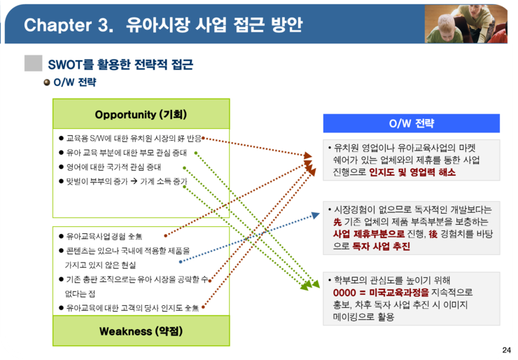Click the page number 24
pos(506,350)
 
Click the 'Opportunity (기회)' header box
pos(141,113)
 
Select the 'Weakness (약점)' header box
pos(141,331)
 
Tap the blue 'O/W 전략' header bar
pos(412,123)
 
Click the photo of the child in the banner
pos(465,24)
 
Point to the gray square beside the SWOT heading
pos(34,63)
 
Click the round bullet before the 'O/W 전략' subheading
pos(47,83)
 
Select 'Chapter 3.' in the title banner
pos(69,25)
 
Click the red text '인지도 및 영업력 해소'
pos(412,172)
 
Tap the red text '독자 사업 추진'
pos(381,247)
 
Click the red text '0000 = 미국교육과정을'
pos(381,293)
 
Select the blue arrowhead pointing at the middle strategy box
pos(316,216)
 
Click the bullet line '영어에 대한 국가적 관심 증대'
pos(113,167)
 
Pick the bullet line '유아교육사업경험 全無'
pos(100,236)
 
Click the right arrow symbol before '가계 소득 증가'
pos(134,181)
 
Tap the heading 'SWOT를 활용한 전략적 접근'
pos(120,64)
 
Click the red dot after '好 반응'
pos(203,138)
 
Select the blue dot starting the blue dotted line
pos(181,262)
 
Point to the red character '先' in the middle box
pos(337,222)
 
